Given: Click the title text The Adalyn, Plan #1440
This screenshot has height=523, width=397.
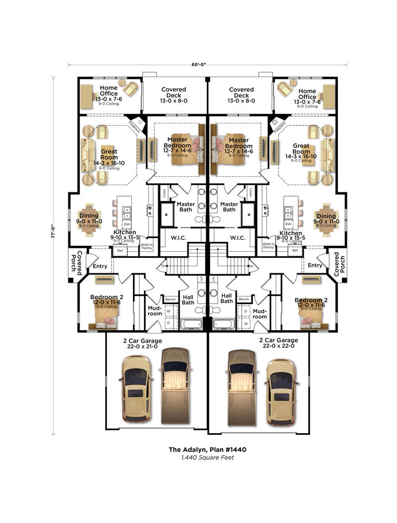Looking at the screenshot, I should coord(207,450).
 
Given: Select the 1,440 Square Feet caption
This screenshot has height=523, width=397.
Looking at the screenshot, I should coord(207,457).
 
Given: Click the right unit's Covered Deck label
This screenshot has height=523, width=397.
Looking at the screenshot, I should coord(242,93).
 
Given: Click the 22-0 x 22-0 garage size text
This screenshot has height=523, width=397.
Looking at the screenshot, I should coord(278,346).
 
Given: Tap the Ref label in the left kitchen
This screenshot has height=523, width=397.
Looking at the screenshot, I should coord(120,251).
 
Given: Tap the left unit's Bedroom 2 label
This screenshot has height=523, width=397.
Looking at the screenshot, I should coord(106,297).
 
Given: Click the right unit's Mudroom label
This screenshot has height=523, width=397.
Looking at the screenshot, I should coord(259,314).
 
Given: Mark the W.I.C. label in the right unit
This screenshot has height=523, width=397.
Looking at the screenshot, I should coord(238,238).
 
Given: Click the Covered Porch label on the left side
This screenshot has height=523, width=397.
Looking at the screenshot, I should coord(79,263).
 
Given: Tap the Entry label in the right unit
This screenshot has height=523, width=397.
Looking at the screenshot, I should coord(315,266).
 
